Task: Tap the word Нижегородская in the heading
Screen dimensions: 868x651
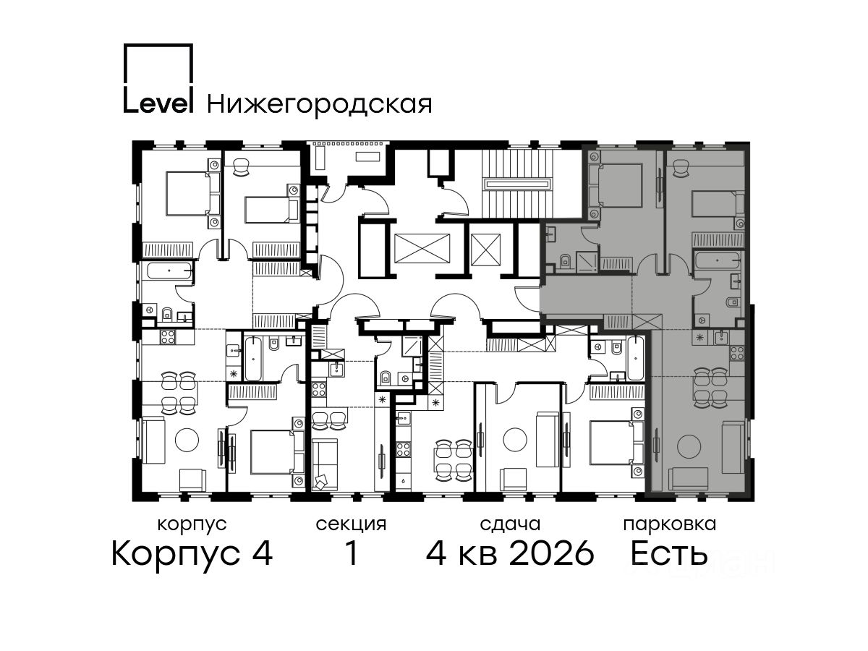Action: pyautogui.click(x=320, y=105)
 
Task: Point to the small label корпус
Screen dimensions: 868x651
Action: pyautogui.click(x=192, y=525)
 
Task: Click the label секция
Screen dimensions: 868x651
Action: pyautogui.click(x=351, y=525)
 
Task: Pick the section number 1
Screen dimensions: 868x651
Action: pyautogui.click(x=352, y=553)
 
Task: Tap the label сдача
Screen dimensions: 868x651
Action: pyautogui.click(x=510, y=525)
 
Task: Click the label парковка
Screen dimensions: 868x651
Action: pyautogui.click(x=670, y=525)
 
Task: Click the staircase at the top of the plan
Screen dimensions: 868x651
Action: pyautogui.click(x=518, y=184)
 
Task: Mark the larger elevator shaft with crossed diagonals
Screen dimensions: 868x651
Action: pyautogui.click(x=422, y=248)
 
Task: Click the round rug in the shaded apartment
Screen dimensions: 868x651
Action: pyautogui.click(x=689, y=446)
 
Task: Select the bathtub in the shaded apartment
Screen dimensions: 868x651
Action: pyautogui.click(x=718, y=260)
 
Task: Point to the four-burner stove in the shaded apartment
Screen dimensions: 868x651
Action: pyautogui.click(x=737, y=353)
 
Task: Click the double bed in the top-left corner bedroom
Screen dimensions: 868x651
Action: pyautogui.click(x=189, y=193)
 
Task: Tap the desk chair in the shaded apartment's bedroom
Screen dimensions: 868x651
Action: pyautogui.click(x=681, y=169)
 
